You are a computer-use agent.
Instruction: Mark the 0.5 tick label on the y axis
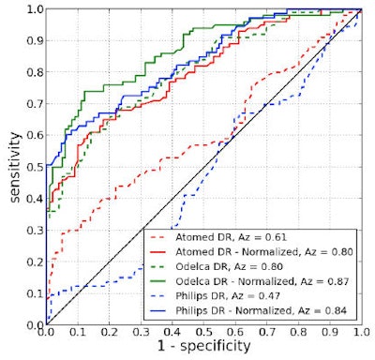point(33,167)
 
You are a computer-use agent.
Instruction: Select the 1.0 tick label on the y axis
point(33,9)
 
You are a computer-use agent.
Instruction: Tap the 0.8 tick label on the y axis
point(33,72)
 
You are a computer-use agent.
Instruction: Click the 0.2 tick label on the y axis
point(33,262)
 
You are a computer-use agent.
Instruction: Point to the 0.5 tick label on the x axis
point(203,332)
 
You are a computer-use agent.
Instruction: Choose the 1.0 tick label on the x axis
point(361,332)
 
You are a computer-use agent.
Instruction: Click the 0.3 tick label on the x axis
point(140,332)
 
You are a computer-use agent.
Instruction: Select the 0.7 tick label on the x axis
point(266,332)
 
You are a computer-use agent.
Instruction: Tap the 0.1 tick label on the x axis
point(77,332)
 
